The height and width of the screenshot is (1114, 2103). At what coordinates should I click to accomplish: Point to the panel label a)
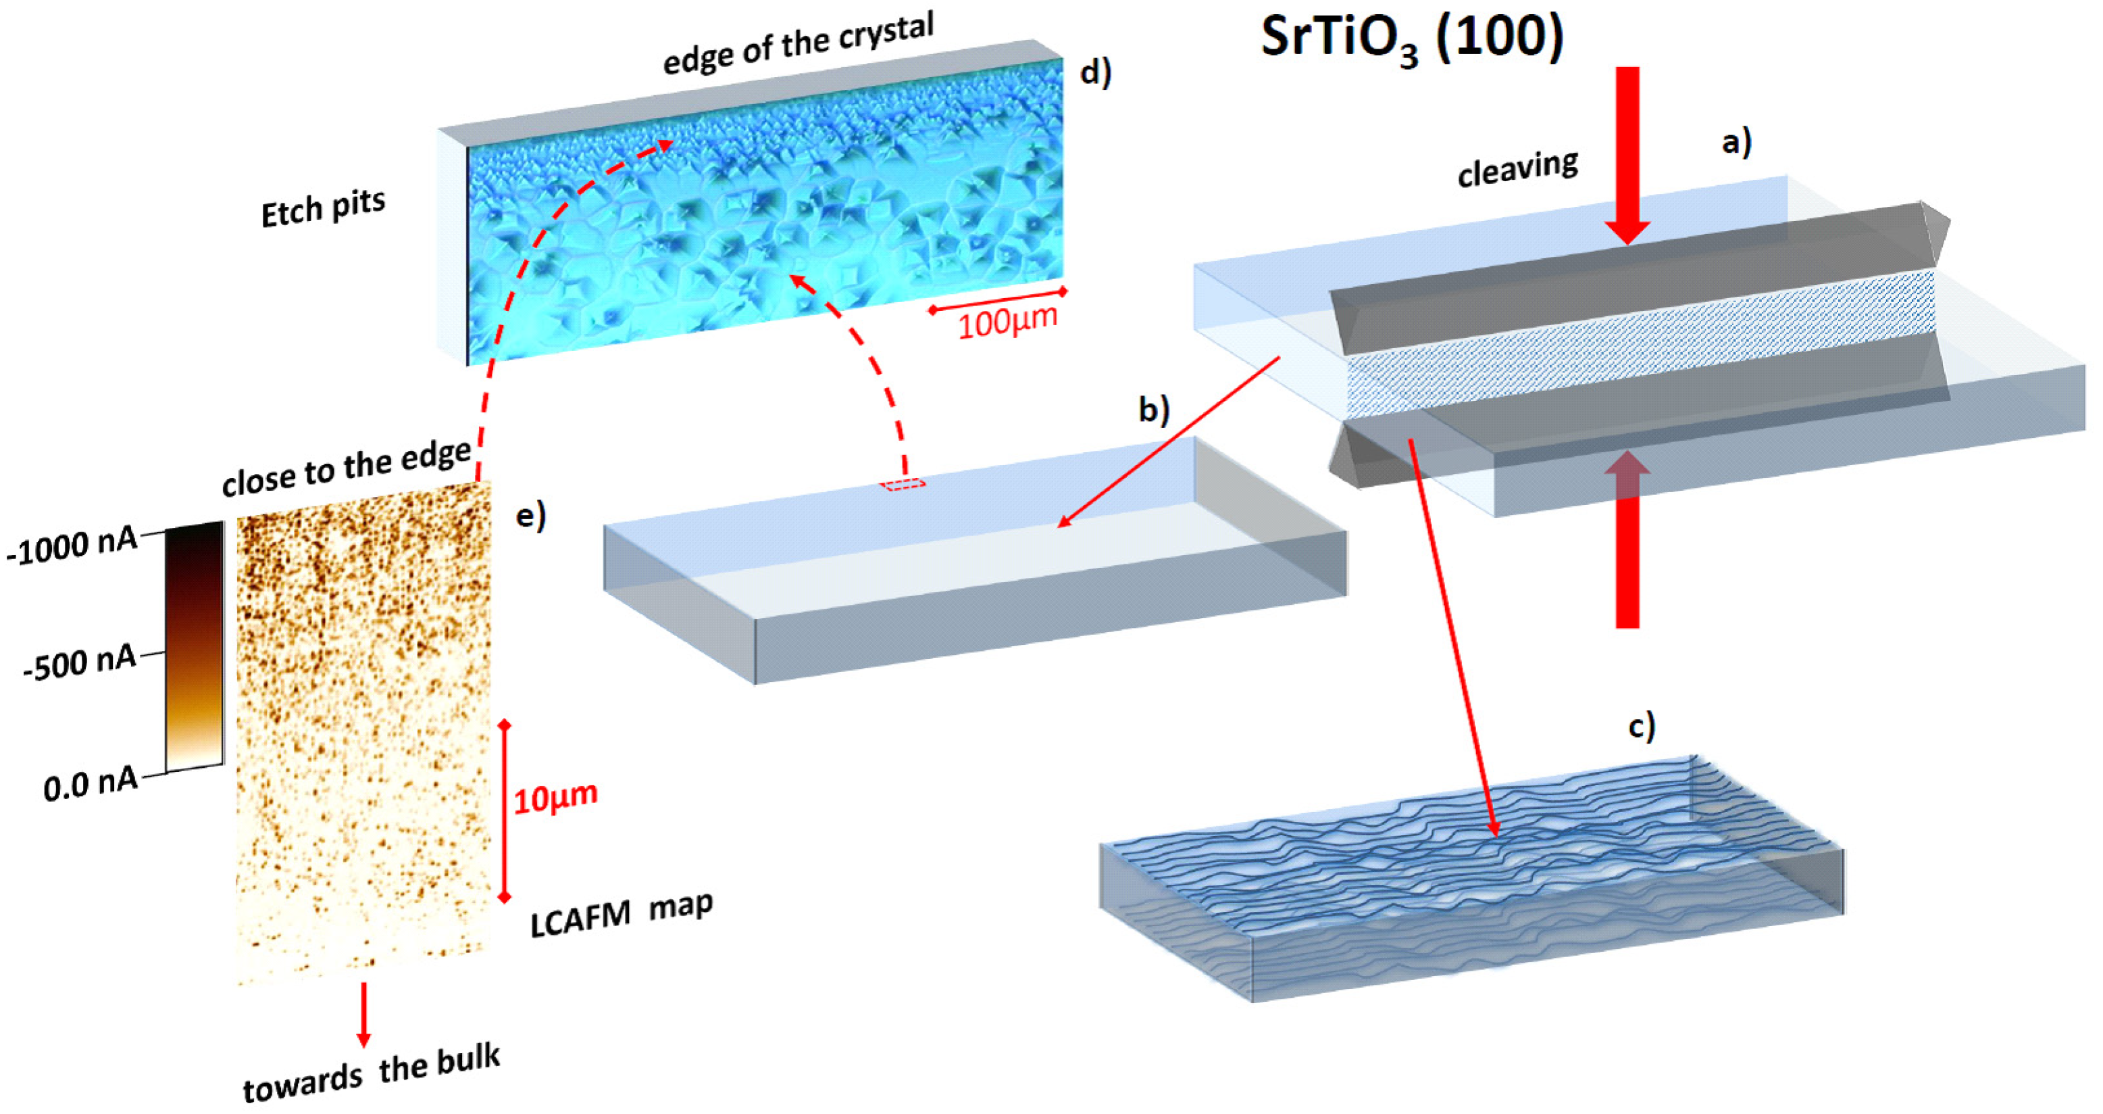(x=1736, y=142)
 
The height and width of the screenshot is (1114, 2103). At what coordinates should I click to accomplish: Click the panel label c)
(x=1642, y=725)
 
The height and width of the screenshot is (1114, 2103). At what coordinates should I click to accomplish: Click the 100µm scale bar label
(x=1007, y=322)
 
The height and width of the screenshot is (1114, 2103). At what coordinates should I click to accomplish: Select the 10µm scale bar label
(x=555, y=797)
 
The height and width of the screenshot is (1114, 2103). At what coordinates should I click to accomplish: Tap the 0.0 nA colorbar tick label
(x=91, y=784)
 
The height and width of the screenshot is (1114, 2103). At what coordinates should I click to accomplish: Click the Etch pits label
(x=322, y=208)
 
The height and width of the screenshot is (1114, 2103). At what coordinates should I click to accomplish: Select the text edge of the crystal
(x=798, y=43)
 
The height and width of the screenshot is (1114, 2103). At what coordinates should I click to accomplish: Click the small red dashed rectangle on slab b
(x=902, y=484)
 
